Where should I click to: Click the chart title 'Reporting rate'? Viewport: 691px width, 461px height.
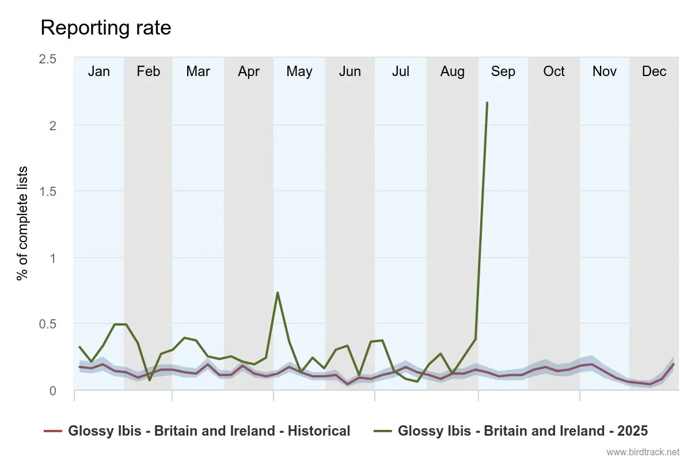tap(106, 28)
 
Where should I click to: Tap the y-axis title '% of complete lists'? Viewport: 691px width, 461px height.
tap(23, 224)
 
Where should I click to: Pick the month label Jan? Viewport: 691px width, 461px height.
tap(99, 71)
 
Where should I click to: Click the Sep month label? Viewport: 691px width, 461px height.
tap(503, 71)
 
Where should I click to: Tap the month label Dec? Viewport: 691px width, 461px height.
tap(654, 71)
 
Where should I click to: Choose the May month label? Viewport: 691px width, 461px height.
tap(299, 71)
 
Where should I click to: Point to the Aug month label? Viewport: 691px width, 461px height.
tap(452, 71)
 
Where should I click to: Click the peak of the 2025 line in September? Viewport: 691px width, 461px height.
tap(487, 103)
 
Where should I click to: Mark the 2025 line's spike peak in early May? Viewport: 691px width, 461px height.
tap(278, 293)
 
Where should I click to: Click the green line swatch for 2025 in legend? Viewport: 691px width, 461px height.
tap(383, 431)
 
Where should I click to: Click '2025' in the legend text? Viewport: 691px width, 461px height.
tap(630, 431)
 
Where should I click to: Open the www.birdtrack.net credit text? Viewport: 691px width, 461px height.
tap(643, 452)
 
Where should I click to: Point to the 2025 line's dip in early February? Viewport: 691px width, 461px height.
tap(150, 380)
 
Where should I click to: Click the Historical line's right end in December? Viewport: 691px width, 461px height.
tap(673, 364)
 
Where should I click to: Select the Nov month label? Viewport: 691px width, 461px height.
tap(604, 71)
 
